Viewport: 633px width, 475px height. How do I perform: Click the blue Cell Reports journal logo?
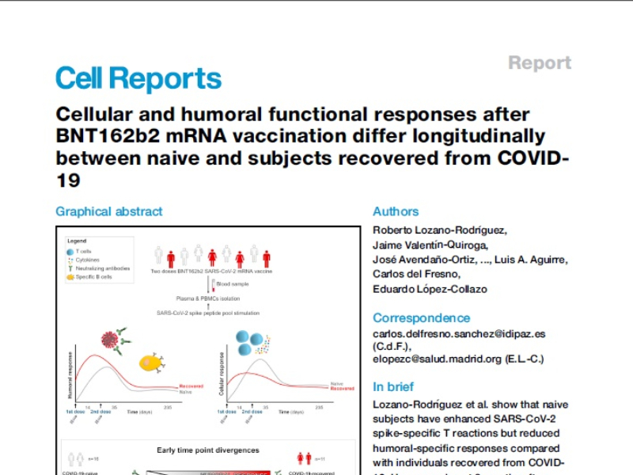[x=138, y=79]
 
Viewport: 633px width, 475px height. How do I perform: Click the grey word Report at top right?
[x=539, y=63]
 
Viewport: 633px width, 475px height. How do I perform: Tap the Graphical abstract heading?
[x=108, y=211]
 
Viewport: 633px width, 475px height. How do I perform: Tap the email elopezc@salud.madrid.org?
[x=437, y=359]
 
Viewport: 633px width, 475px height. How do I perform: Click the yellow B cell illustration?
[x=151, y=362]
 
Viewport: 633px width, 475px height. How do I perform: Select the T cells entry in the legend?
[x=83, y=251]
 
